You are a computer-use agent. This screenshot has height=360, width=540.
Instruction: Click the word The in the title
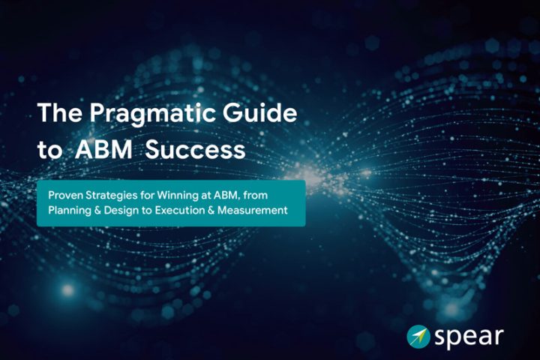[x=60, y=112]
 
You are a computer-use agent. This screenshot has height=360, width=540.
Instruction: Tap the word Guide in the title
[x=259, y=112]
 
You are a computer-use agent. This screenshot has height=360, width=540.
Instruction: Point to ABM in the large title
[x=103, y=149]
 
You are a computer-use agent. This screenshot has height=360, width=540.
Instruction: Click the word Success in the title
[x=195, y=150]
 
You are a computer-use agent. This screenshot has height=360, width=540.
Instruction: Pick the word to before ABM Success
[x=50, y=151]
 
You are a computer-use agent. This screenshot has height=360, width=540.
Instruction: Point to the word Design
[x=122, y=211]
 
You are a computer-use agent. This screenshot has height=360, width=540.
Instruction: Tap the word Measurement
[x=253, y=210]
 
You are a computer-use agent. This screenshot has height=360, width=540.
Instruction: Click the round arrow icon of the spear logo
[x=418, y=337]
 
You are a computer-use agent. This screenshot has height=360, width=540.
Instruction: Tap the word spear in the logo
[x=469, y=337]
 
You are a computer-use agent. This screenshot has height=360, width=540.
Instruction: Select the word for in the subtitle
[x=147, y=195]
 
